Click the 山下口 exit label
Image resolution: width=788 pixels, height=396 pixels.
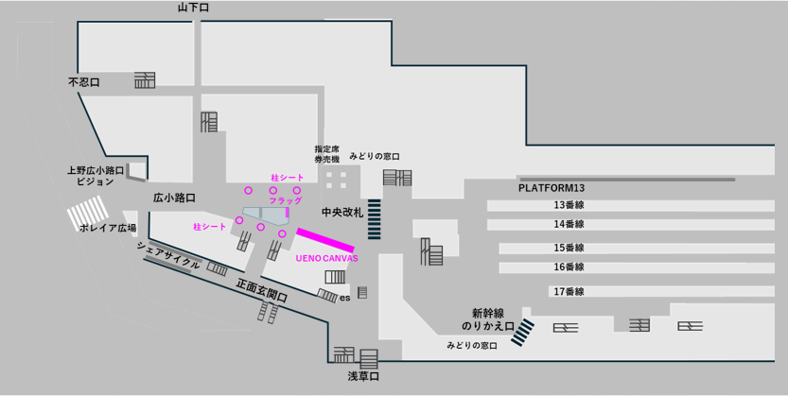click(x=193, y=8)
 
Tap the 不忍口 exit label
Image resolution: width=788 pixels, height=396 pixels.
click(x=84, y=82)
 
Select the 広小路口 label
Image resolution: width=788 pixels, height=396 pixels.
click(x=174, y=198)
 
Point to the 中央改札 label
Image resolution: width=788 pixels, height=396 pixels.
click(x=342, y=213)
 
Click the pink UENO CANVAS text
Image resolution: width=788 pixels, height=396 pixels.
click(x=326, y=258)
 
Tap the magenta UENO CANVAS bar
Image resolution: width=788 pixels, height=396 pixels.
click(x=325, y=240)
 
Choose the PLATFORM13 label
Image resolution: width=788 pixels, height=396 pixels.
click(x=552, y=188)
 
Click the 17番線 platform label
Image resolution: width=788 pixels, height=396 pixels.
click(x=569, y=291)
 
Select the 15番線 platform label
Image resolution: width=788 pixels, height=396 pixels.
click(x=569, y=248)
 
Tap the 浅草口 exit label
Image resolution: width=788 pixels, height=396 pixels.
click(x=363, y=376)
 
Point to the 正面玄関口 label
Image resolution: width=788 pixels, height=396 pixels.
click(x=262, y=290)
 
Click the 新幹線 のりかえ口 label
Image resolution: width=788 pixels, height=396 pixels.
click(x=488, y=319)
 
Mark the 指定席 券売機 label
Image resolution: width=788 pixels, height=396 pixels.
click(x=327, y=154)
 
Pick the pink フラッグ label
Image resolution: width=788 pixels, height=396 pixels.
click(x=286, y=200)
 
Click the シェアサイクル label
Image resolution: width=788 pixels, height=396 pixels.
click(x=168, y=254)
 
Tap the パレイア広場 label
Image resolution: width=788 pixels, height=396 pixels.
click(x=108, y=228)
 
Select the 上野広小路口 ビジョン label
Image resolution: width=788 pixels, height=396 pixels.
click(x=96, y=176)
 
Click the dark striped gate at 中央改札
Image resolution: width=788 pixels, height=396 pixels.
click(x=375, y=219)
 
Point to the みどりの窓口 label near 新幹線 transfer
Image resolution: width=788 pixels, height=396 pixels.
click(x=472, y=345)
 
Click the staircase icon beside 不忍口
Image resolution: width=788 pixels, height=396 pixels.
click(x=145, y=80)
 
